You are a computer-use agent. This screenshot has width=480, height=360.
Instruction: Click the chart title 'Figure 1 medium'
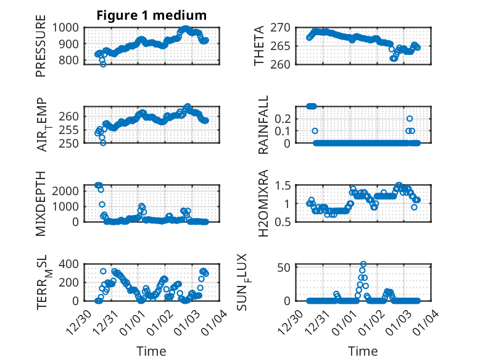[x=151, y=15]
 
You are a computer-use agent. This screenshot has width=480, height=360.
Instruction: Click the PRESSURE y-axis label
[x=41, y=49]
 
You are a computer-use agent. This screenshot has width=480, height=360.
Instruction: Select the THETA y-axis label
[x=259, y=46]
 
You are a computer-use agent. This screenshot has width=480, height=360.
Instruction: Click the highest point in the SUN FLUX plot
[x=363, y=264]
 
